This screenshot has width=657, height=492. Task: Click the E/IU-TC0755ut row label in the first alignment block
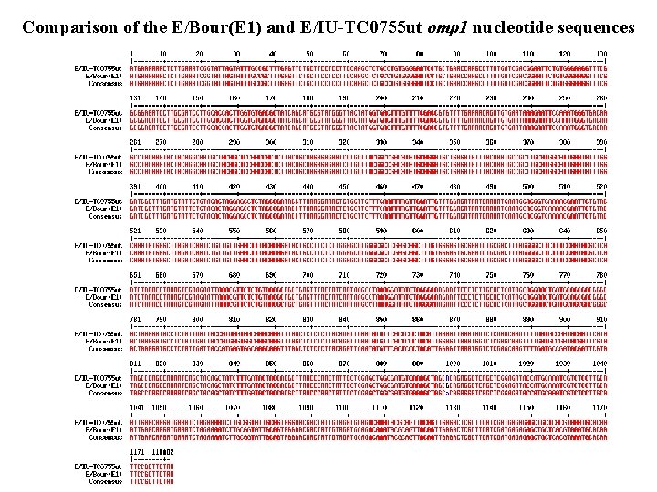pyautogui.click(x=99, y=68)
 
